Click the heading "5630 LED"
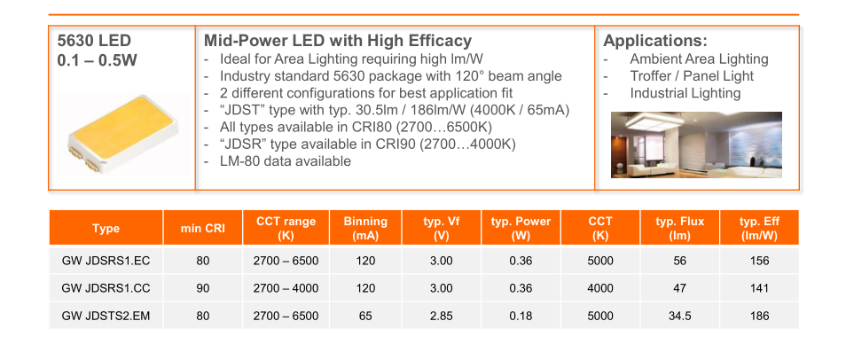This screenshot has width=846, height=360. tap(94, 41)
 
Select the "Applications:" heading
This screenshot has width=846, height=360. tap(655, 41)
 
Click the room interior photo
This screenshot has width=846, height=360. tap(696, 145)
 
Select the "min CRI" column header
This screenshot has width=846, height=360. tap(202, 228)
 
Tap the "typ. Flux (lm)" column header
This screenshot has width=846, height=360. tap(680, 228)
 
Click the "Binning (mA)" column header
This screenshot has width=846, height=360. tap(365, 228)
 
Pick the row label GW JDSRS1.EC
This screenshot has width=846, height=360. tap(106, 262)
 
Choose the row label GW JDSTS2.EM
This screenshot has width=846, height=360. tap(106, 316)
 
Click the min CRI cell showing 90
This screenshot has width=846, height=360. tap(203, 288)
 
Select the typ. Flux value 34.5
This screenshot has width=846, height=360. tap(680, 316)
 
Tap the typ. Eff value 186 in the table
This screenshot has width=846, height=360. tap(759, 316)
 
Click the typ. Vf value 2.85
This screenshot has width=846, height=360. tap(442, 316)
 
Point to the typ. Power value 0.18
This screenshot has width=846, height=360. tap(521, 316)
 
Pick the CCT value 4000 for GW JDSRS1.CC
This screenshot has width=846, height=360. tap(600, 288)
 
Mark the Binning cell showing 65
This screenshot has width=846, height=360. tap(365, 316)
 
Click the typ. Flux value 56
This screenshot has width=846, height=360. tap(680, 262)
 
